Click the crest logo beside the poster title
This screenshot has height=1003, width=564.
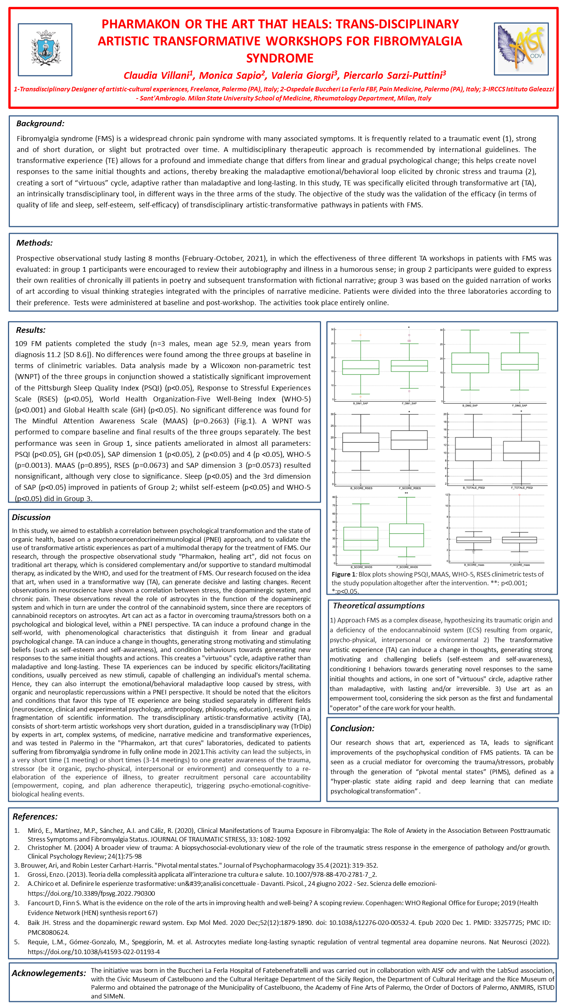(45, 49)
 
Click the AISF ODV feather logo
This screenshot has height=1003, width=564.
(521, 49)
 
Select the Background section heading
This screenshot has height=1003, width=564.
(40, 124)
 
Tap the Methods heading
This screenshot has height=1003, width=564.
(34, 243)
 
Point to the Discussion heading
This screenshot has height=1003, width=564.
(31, 517)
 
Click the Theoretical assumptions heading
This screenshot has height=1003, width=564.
(378, 605)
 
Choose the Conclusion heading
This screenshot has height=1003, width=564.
(352, 728)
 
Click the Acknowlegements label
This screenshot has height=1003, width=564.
(49, 973)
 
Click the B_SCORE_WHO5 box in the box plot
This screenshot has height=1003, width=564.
(361, 539)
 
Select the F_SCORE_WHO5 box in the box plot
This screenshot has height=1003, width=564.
(406, 535)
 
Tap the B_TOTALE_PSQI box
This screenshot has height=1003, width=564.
(473, 449)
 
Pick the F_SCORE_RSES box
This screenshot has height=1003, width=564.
(409, 440)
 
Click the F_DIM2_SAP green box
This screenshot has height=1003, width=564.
(519, 361)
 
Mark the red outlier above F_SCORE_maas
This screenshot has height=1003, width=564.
(519, 495)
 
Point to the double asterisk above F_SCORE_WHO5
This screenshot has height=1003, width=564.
(406, 493)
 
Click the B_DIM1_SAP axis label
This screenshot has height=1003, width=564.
(360, 403)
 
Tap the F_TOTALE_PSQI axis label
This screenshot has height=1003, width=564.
(522, 487)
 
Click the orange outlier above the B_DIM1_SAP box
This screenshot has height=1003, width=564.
(360, 335)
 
